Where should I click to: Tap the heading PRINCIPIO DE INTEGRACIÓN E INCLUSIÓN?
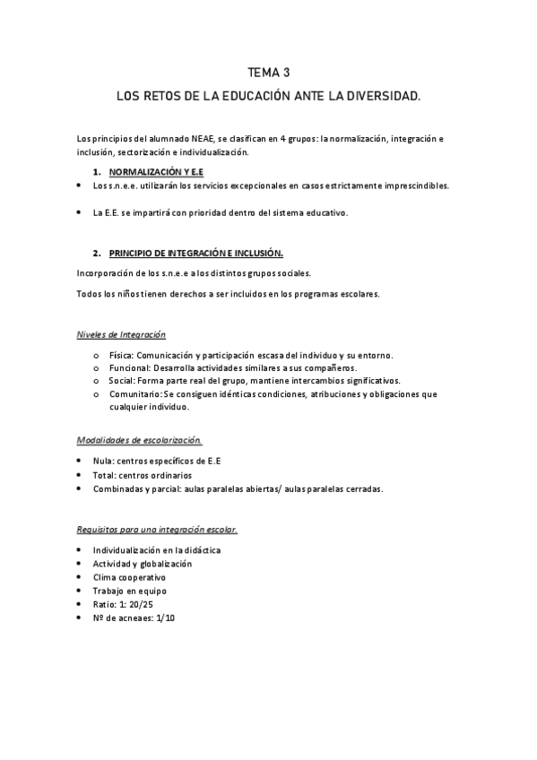(x=196, y=254)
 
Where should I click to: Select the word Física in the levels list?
(x=120, y=356)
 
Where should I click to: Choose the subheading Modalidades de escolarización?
(x=140, y=440)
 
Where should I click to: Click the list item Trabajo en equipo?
(x=129, y=591)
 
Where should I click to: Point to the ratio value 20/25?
(x=140, y=605)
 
